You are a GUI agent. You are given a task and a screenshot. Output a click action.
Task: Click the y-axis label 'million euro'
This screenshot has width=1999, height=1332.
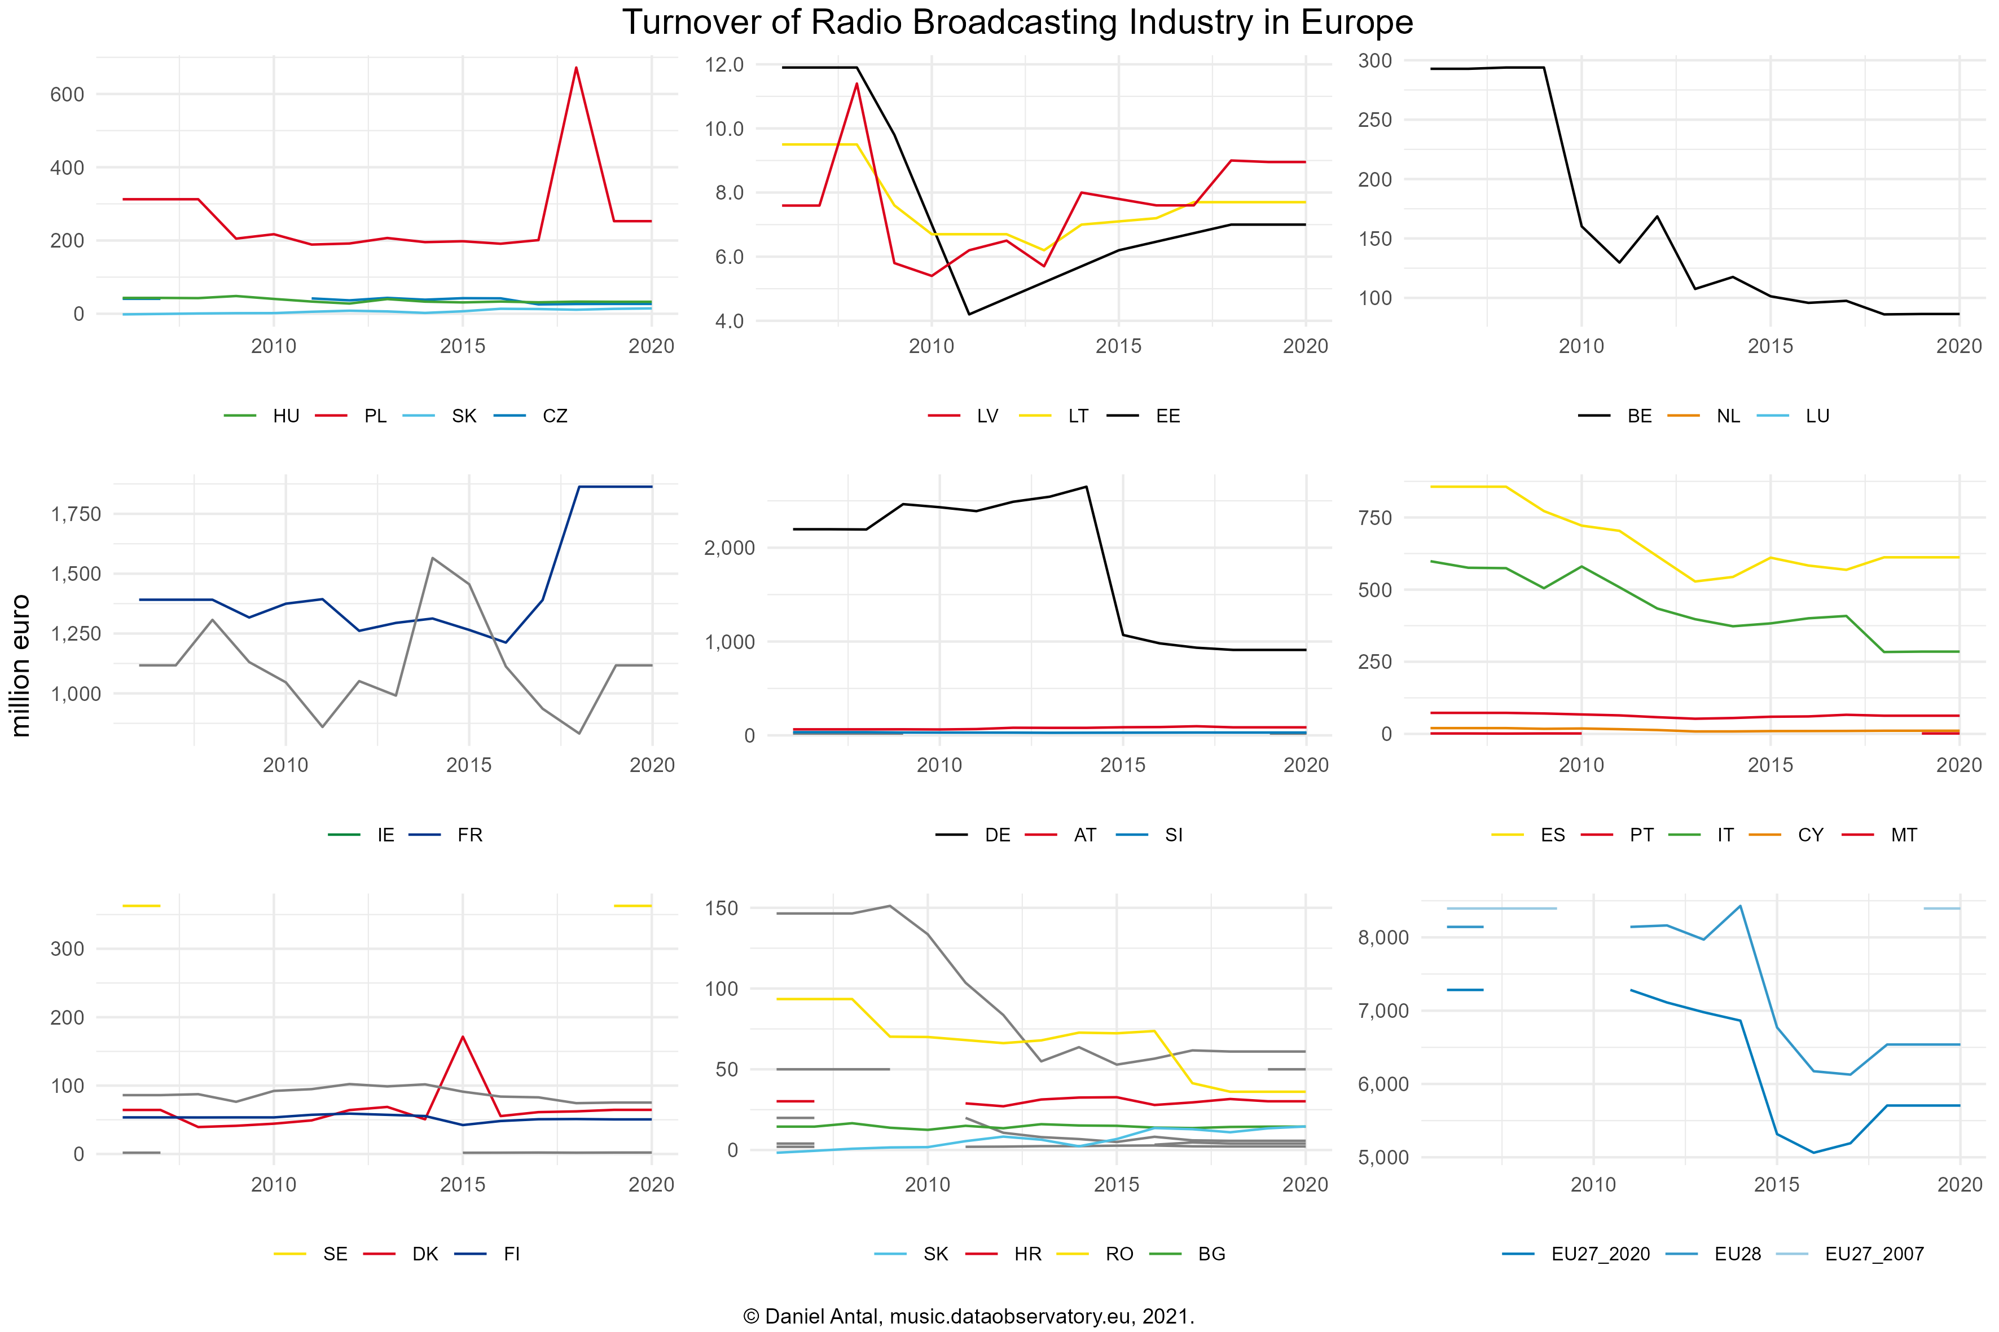coord(20,665)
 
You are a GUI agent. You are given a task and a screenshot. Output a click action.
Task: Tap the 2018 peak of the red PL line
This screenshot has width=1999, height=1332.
coord(576,68)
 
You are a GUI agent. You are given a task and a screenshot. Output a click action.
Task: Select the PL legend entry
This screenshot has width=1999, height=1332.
coord(374,416)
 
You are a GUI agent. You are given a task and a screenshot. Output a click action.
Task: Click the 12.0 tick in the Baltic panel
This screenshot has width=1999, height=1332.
coord(724,64)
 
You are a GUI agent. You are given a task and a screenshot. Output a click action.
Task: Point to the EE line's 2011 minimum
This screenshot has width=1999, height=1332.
coord(969,314)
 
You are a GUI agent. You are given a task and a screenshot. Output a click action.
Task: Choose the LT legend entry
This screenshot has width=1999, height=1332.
coord(1078,416)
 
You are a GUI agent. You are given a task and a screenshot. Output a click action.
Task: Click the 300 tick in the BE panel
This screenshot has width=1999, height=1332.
coord(1374,60)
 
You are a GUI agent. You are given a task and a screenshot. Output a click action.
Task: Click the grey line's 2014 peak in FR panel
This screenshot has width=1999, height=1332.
coord(433,558)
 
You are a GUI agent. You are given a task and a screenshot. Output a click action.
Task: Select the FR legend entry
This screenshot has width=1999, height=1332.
coord(469,835)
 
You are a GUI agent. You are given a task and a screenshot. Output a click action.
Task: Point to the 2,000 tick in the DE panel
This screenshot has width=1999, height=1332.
coord(729,548)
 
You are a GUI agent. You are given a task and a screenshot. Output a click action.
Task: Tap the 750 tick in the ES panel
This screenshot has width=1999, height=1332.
coord(1374,518)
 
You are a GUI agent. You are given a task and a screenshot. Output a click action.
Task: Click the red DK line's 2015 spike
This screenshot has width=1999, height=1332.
coord(462,1037)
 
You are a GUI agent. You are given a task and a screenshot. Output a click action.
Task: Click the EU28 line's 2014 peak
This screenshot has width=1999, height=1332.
coord(1740,906)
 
